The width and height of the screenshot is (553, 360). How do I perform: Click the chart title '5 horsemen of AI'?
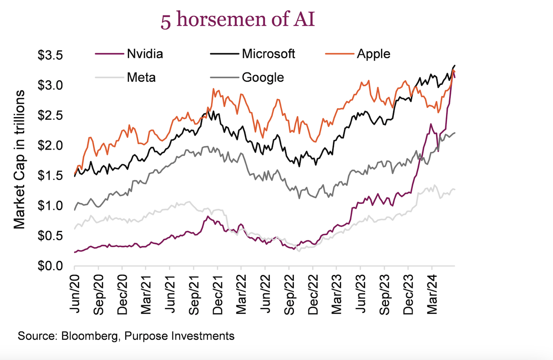[x=237, y=21]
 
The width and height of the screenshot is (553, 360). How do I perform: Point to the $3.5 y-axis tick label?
[x=51, y=55]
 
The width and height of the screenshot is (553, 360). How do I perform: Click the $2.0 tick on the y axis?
[x=51, y=146]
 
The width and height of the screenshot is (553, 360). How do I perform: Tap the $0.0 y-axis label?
[x=51, y=266]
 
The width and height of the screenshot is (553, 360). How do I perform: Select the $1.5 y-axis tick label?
[x=51, y=175]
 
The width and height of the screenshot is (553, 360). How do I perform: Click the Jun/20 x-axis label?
[x=74, y=287]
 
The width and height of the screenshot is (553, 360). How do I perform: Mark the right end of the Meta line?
[x=454, y=190]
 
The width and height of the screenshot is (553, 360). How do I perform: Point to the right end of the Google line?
[x=454, y=133]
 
